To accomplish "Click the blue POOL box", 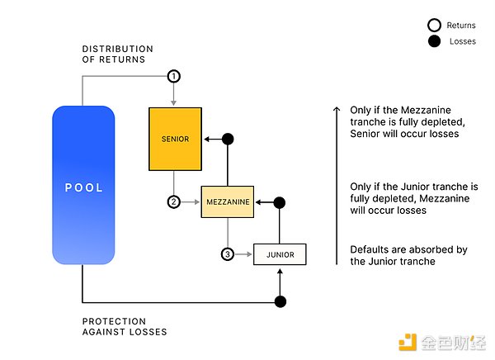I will (x=83, y=187).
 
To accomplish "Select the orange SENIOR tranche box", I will (x=175, y=139).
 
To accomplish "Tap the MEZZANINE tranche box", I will (x=227, y=201).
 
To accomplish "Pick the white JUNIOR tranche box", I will (x=279, y=254).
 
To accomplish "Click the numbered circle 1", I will (x=173, y=76).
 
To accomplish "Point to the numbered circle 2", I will (x=174, y=201).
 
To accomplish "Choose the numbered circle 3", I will (x=227, y=254).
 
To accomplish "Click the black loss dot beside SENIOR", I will (x=229, y=139).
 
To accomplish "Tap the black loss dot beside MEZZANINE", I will (x=280, y=201).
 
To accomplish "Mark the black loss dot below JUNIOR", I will (x=280, y=301).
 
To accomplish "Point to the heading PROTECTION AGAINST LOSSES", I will (x=125, y=326).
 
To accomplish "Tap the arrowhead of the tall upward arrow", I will (x=337, y=109).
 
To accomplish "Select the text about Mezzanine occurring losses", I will (x=408, y=198).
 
